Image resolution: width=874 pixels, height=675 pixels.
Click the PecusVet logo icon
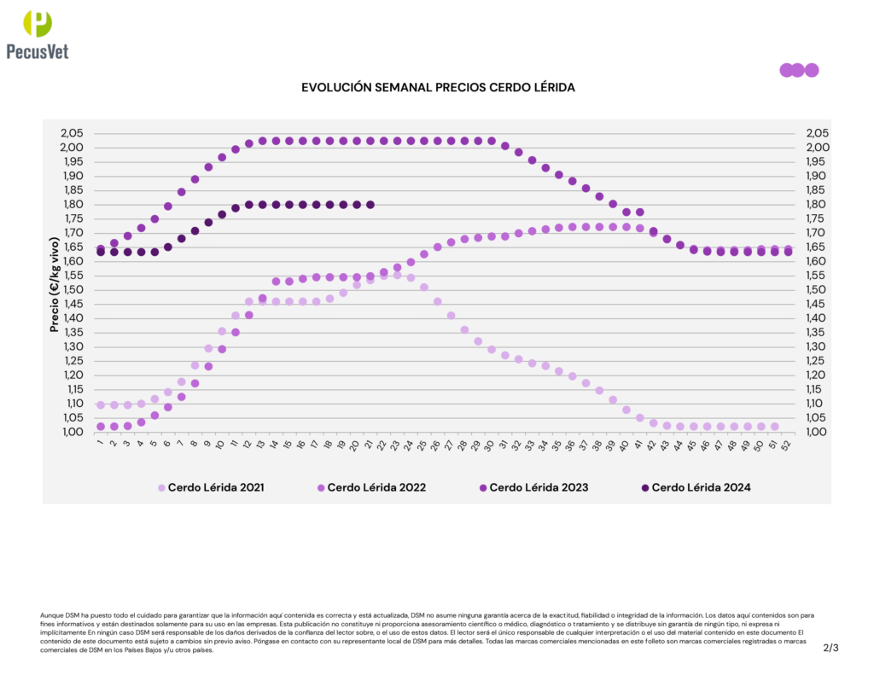click(37, 24)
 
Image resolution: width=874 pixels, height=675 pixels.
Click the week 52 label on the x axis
click(787, 444)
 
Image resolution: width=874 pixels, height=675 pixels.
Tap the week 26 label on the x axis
click(437, 444)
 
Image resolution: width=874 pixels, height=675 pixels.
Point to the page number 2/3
click(831, 648)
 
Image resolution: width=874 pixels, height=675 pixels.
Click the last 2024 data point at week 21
click(370, 205)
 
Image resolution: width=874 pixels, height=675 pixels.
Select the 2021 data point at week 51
click(774, 427)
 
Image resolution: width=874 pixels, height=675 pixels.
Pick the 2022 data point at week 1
click(101, 427)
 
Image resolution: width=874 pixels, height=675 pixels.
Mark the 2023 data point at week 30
click(492, 141)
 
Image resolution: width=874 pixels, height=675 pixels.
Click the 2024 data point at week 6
click(168, 247)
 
